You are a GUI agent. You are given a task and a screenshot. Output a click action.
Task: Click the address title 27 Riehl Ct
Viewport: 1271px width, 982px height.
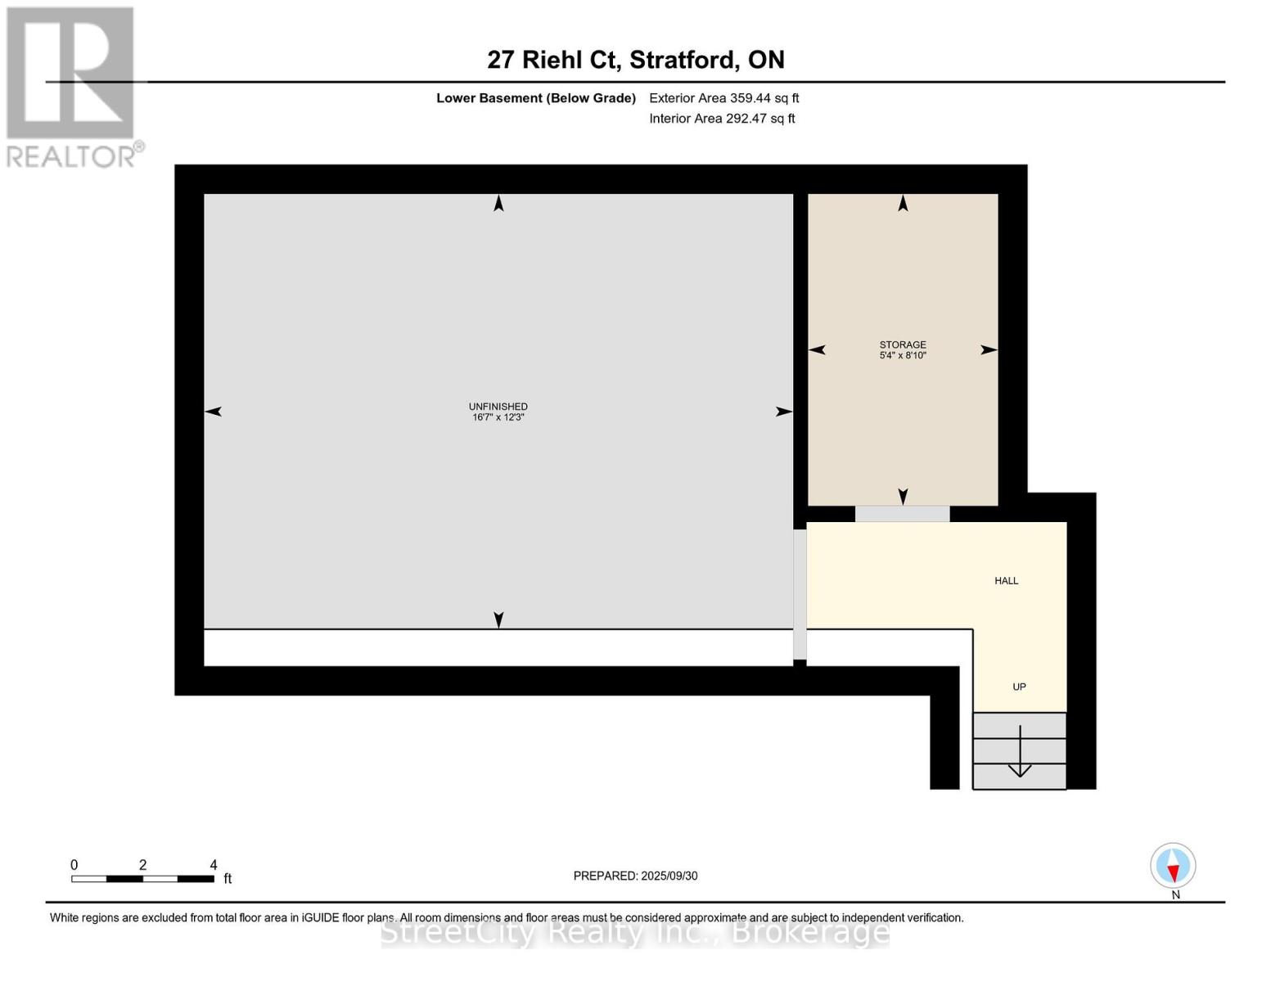click(635, 60)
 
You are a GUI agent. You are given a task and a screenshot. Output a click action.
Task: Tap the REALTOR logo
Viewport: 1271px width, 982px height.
click(72, 87)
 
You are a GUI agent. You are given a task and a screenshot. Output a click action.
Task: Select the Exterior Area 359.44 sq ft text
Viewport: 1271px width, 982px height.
click(723, 98)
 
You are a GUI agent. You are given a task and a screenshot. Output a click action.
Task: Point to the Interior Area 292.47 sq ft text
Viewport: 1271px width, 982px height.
click(722, 119)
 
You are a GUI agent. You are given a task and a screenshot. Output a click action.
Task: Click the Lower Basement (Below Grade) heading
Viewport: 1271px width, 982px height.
click(535, 98)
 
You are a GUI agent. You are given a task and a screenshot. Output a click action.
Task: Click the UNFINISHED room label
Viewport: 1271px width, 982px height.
click(498, 407)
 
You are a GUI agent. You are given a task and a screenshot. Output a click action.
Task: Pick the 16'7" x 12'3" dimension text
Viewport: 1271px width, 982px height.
click(498, 417)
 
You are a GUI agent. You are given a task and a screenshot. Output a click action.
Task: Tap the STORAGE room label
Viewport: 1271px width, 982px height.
click(903, 345)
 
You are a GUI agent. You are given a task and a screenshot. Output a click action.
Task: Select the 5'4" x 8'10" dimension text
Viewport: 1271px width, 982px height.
click(903, 356)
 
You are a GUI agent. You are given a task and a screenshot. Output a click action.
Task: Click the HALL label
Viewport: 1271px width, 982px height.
click(1006, 581)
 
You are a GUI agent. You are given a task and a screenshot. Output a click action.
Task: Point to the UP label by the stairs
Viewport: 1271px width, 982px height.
click(1019, 687)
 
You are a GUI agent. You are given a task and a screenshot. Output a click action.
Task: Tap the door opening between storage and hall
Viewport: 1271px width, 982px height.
click(902, 514)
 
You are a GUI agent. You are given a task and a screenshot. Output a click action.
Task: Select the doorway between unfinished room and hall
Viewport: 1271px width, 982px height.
click(800, 594)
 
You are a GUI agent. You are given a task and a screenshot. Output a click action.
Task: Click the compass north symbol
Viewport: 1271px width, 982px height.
click(1173, 867)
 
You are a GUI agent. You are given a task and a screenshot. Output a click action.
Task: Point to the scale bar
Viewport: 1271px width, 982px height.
click(143, 879)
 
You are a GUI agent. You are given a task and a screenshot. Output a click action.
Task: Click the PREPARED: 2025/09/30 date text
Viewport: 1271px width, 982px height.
click(635, 876)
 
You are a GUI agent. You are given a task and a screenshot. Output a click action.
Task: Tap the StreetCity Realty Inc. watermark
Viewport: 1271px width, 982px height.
click(635, 932)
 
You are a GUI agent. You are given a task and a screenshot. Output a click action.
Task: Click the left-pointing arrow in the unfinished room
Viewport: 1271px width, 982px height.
click(214, 412)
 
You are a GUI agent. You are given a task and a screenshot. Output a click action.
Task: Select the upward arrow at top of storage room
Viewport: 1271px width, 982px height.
click(903, 203)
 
